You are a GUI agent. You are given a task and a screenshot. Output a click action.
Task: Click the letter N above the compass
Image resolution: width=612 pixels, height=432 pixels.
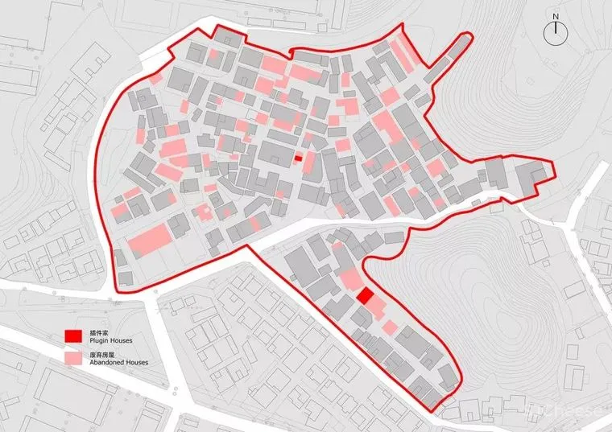(556, 16)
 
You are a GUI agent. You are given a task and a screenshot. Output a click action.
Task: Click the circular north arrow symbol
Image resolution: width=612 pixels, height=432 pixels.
(556, 32)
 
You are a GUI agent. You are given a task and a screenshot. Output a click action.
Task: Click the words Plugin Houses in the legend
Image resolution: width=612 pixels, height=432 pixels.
(107, 340)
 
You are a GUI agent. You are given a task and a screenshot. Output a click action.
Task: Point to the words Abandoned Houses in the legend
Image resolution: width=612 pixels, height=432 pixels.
(114, 362)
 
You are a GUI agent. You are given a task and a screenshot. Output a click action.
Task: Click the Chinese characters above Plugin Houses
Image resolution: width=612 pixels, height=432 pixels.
(100, 331)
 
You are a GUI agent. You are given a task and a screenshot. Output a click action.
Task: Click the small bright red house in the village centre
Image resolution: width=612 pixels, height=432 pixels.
(298, 158)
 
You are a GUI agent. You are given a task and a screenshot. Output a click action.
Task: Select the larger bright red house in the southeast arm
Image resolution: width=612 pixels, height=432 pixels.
(365, 296)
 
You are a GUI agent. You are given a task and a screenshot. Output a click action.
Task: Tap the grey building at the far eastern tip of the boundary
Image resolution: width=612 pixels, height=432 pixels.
(532, 176)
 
